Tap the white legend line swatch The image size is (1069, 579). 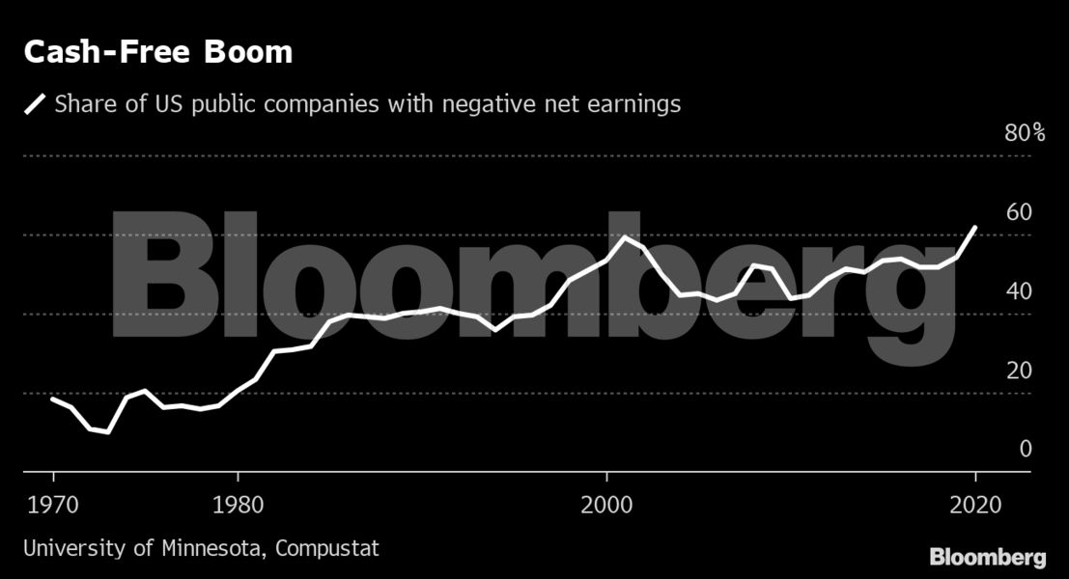(35, 103)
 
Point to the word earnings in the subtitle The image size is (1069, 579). (633, 103)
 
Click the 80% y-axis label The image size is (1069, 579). (1025, 133)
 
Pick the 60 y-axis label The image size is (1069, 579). (1019, 212)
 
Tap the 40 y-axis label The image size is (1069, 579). (1019, 291)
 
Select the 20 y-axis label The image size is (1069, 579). (1019, 371)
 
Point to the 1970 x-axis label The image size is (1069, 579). (52, 506)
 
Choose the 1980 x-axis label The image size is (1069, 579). (238, 506)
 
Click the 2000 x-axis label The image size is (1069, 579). (606, 506)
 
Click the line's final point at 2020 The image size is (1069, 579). (975, 228)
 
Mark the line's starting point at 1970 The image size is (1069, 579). (53, 399)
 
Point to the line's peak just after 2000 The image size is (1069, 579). (625, 237)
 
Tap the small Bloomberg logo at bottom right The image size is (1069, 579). (987, 557)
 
